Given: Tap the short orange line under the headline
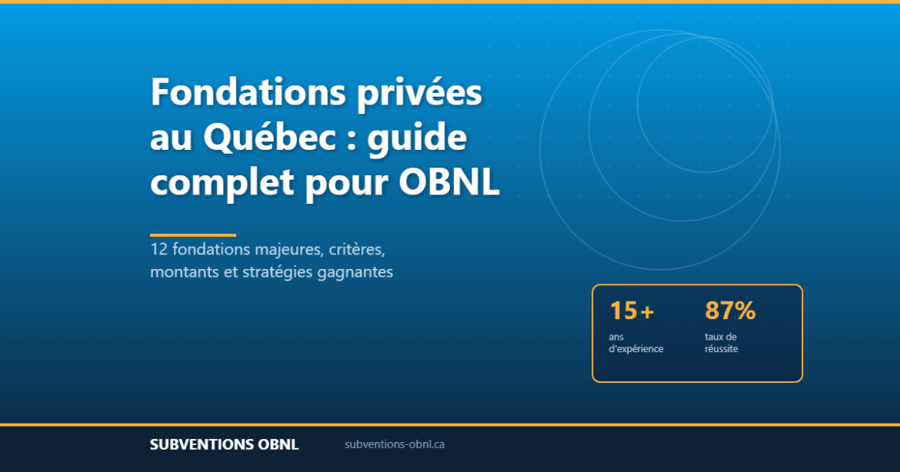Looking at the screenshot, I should click(193, 235).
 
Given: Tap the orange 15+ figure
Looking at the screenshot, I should click(632, 311).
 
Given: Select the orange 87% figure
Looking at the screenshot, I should click(730, 311).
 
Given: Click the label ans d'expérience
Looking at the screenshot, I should click(635, 343).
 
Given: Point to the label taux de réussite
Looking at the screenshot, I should click(722, 343).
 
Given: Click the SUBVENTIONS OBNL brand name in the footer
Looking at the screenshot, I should click(224, 444).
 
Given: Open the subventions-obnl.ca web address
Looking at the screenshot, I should click(395, 444).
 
